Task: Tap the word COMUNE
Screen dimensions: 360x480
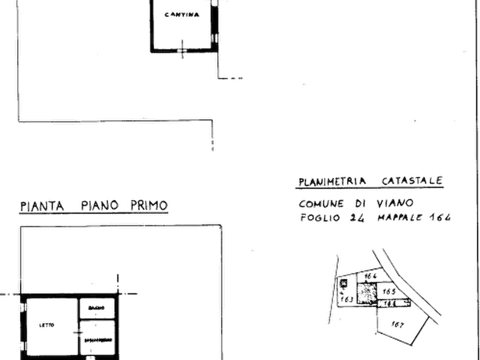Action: (320, 204)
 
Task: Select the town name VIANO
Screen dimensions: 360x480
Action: (396, 204)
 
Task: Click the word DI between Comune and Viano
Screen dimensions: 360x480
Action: (359, 204)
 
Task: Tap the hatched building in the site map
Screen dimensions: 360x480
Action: (367, 293)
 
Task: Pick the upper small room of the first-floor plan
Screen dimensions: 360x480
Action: (97, 307)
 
